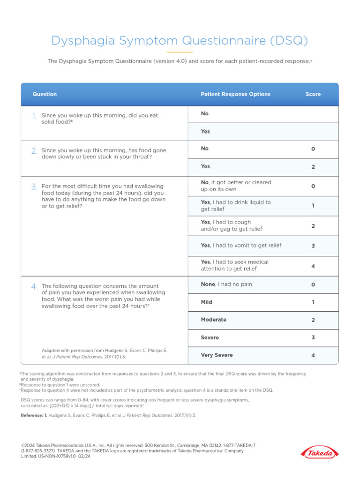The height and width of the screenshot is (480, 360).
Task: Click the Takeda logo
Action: pyautogui.click(x=320, y=453)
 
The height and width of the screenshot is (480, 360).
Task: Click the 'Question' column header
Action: pyautogui.click(x=45, y=94)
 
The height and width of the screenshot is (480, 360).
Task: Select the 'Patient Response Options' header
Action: pyautogui.click(x=235, y=94)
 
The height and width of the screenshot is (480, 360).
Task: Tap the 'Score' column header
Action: pyautogui.click(x=313, y=94)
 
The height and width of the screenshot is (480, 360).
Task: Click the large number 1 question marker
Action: pyautogui.click(x=34, y=116)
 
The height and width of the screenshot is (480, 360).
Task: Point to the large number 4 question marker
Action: pyautogui.click(x=34, y=286)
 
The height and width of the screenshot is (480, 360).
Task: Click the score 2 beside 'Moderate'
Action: pyautogui.click(x=313, y=320)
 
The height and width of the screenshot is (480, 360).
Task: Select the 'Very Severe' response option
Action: pyautogui.click(x=217, y=355)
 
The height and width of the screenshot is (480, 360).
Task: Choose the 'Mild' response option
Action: pyautogui.click(x=207, y=302)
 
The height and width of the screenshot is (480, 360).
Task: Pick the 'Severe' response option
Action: pyautogui.click(x=210, y=337)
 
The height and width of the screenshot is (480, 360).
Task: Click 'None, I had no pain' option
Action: pyautogui.click(x=226, y=284)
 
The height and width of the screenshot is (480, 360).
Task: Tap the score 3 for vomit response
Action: pyautogui.click(x=313, y=246)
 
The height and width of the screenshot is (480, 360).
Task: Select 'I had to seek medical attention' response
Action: pyautogui.click(x=235, y=265)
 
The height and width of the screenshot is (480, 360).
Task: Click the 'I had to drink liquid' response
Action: pyautogui.click(x=236, y=206)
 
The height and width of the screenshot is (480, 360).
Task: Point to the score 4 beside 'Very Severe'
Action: pyautogui.click(x=313, y=356)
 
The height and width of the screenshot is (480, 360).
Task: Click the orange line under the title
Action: pyautogui.click(x=180, y=52)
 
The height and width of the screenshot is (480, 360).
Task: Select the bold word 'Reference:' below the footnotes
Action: pyautogui.click(x=34, y=416)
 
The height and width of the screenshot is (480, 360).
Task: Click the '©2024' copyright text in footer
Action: pyautogui.click(x=29, y=445)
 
